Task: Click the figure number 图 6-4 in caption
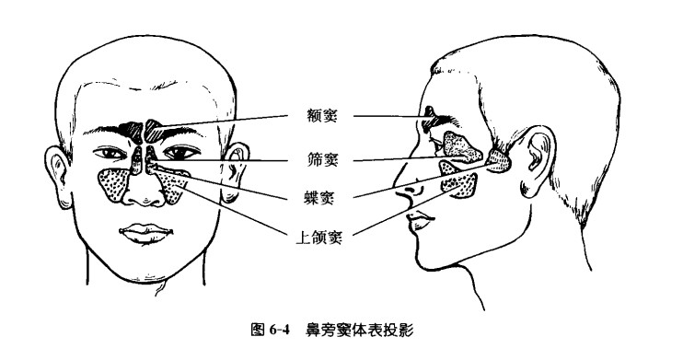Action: (x=271, y=329)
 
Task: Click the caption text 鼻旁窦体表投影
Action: (x=360, y=329)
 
